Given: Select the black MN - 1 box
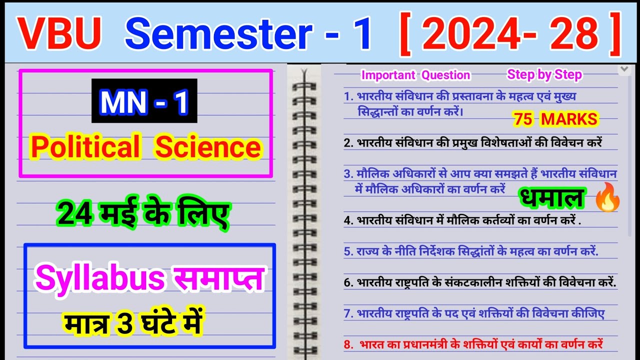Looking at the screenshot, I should [144, 101].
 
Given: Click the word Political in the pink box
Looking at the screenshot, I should [85, 147].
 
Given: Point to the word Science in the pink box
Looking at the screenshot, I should [208, 147].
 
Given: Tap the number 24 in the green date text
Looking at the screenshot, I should [75, 214].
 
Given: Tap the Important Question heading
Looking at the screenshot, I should [415, 75].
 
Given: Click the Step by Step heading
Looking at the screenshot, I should [544, 75].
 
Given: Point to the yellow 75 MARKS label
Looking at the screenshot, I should [555, 119].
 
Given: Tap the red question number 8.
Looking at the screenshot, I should [348, 344].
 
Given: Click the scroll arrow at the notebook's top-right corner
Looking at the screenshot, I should [623, 69].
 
